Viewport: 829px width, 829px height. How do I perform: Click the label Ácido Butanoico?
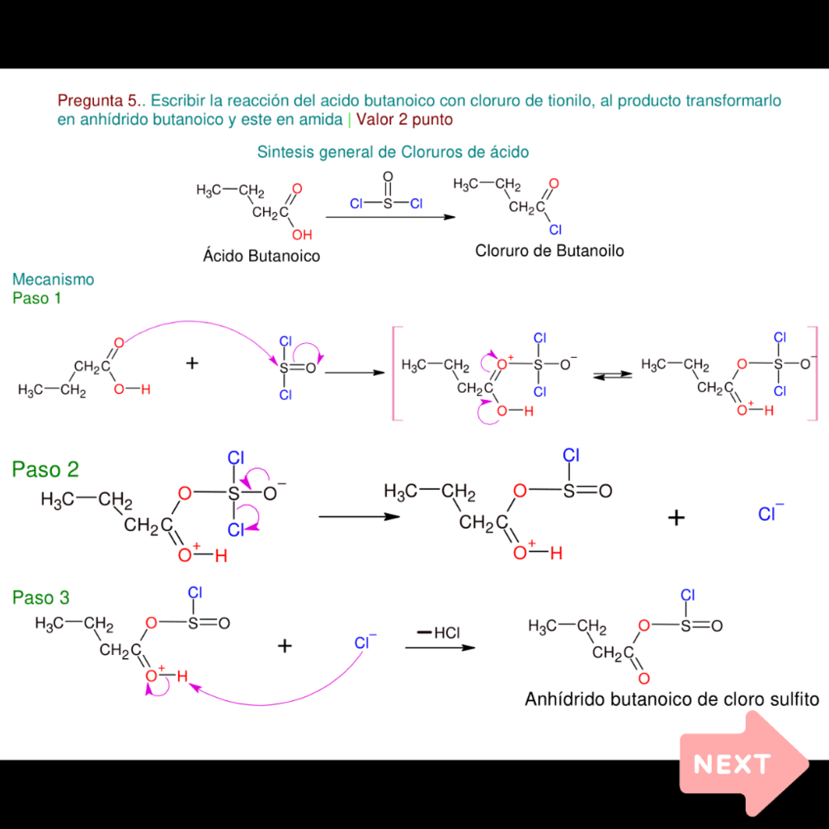pyautogui.click(x=261, y=256)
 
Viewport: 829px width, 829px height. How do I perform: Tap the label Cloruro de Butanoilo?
pyautogui.click(x=549, y=251)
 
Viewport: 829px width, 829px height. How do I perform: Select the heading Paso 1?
pyautogui.click(x=36, y=298)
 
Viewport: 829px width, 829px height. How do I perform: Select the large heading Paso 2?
pyautogui.click(x=45, y=469)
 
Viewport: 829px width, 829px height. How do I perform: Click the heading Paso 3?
pyautogui.click(x=40, y=597)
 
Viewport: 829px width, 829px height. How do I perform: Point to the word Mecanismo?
pyautogui.click(x=54, y=279)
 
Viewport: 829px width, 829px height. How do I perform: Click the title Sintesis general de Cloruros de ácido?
pyautogui.click(x=393, y=153)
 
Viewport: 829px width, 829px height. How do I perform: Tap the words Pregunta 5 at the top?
pyautogui.click(x=97, y=101)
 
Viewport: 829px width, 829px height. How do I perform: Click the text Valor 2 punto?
pyautogui.click(x=404, y=120)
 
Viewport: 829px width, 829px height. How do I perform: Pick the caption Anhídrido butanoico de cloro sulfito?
pyautogui.click(x=671, y=699)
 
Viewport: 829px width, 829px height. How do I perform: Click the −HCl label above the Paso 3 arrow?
pyautogui.click(x=439, y=633)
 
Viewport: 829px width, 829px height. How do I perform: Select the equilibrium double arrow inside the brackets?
pyautogui.click(x=612, y=374)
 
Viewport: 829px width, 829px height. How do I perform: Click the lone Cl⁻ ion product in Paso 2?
pyautogui.click(x=770, y=513)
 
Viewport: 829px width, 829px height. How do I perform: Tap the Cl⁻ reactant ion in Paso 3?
pyautogui.click(x=365, y=642)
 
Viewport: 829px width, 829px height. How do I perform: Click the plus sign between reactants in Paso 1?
pyautogui.click(x=192, y=363)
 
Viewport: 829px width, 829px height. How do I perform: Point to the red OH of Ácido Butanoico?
pyautogui.click(x=302, y=235)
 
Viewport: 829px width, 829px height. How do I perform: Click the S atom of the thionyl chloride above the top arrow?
pyautogui.click(x=388, y=204)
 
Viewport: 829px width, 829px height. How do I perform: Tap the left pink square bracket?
pyautogui.click(x=397, y=374)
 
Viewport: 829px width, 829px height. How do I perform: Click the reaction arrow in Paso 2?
pyautogui.click(x=359, y=516)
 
